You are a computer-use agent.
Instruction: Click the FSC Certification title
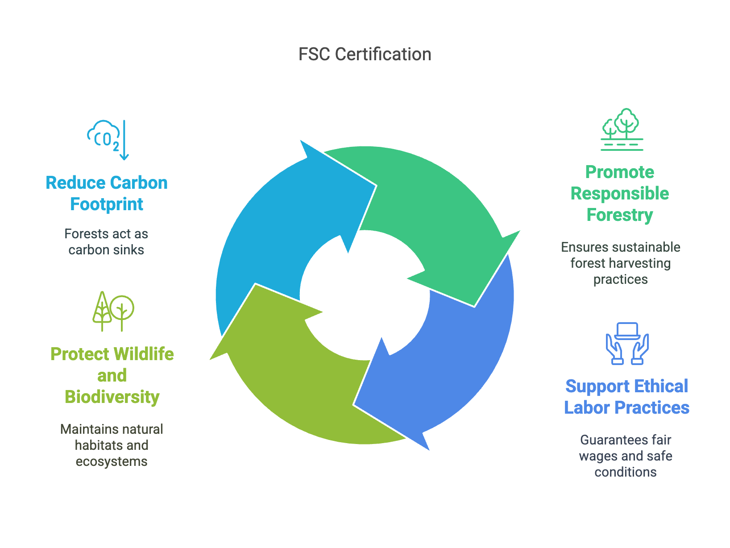coord(365,54)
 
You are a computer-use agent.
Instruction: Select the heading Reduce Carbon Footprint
coord(107,193)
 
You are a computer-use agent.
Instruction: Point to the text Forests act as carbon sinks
coord(106,242)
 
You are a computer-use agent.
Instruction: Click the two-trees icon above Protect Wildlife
coord(113,311)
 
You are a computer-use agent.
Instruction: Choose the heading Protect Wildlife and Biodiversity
coord(112,375)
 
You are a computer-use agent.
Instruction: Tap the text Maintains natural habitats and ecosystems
coord(112,445)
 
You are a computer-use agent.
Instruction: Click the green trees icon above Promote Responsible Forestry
coord(622,129)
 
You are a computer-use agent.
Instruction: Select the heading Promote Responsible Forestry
coord(620,193)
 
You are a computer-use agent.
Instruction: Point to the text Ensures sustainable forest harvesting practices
coord(620,263)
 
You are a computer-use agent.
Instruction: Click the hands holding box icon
coord(627,343)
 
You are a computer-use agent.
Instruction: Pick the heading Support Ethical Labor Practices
coord(626,397)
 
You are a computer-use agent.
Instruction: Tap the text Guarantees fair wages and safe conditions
coord(626,456)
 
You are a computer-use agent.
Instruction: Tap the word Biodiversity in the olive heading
coord(112,397)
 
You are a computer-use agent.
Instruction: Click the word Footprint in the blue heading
coord(107,204)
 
